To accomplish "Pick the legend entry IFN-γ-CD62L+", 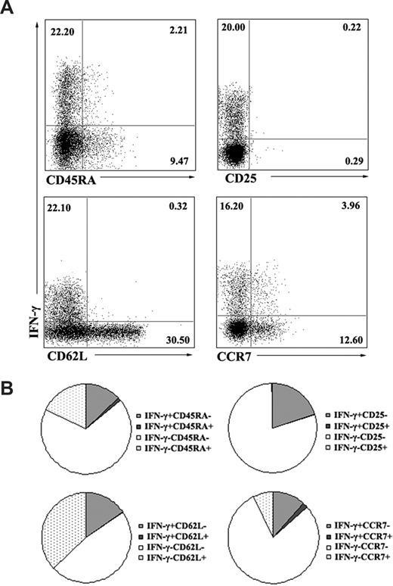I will (x=174, y=547).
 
